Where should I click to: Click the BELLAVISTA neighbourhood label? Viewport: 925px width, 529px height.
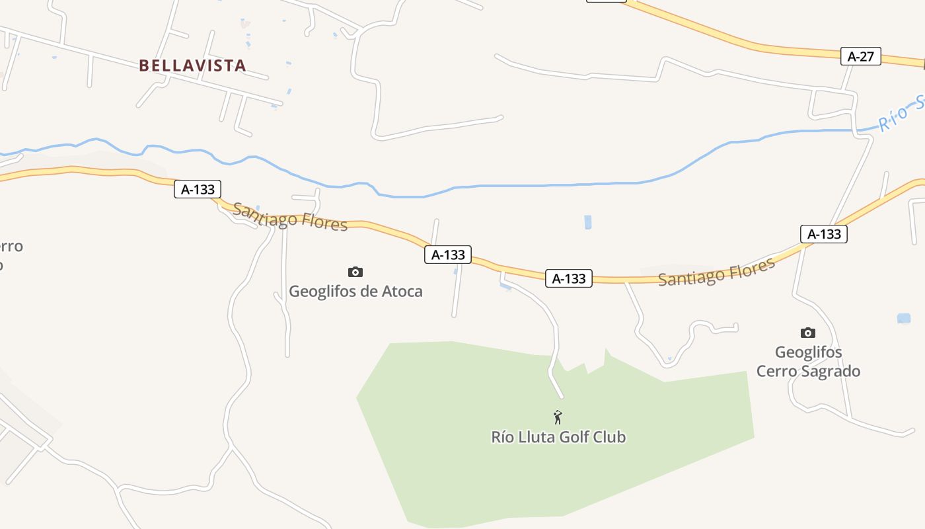[x=192, y=65]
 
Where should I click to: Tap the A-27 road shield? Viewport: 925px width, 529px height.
[x=860, y=56]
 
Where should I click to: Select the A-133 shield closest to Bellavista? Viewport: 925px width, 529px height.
[x=198, y=189]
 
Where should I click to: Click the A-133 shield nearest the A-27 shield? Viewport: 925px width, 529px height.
[x=823, y=233]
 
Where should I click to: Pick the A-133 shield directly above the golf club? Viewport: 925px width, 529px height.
[x=569, y=278]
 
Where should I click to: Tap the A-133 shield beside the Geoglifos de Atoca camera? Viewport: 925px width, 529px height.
[x=448, y=255]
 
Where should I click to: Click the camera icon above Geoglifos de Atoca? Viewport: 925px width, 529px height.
[x=355, y=272]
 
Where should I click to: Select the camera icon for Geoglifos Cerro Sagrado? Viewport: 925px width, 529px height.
[x=807, y=333]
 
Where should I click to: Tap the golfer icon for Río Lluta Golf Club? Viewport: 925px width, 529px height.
[x=558, y=417]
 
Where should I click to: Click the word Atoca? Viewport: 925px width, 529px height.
[x=402, y=291]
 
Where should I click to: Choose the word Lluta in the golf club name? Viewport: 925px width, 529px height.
[x=538, y=437]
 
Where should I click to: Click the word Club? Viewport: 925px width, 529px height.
[x=609, y=437]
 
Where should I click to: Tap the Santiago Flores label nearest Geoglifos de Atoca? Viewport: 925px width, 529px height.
[x=290, y=217]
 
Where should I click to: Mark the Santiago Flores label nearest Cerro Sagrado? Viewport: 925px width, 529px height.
[x=716, y=272]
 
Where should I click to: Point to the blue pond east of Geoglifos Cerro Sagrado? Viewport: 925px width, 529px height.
[x=903, y=318]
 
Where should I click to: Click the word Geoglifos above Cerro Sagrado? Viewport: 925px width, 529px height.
[x=808, y=352]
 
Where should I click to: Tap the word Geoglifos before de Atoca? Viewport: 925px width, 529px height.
[x=322, y=291]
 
